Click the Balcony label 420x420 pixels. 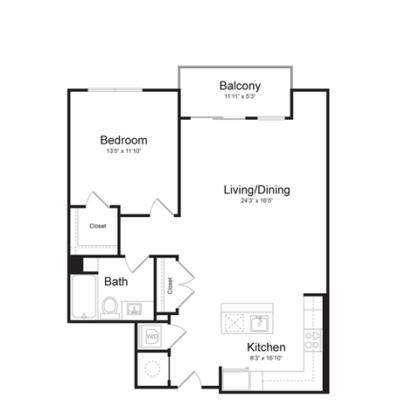pos(237,86)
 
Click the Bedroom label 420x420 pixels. pos(123,140)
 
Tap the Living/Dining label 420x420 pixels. pos(257,190)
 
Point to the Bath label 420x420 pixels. pos(116,282)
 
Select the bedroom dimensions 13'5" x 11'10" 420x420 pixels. pos(123,151)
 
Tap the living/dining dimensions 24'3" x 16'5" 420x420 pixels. pos(257,201)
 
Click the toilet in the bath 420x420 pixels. pos(110,307)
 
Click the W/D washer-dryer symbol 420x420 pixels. pos(151,335)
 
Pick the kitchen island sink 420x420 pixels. pos(259,324)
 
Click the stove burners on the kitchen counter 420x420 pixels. pos(312,338)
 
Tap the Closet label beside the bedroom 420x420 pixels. pos(98,226)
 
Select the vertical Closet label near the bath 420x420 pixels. pos(169,286)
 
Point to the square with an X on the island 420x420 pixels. pos(234,324)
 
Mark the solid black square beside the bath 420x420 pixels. pos(75,265)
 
